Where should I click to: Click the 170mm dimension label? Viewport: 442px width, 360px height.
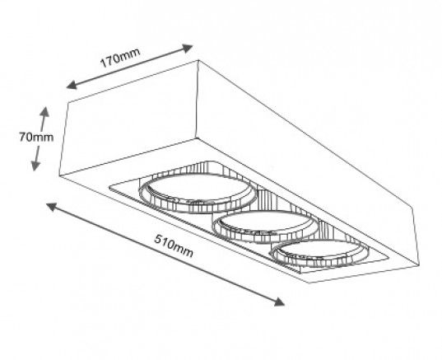pyautogui.click(x=120, y=58)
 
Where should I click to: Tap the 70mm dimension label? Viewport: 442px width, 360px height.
pyautogui.click(x=36, y=138)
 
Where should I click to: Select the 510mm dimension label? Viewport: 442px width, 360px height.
pyautogui.click(x=174, y=244)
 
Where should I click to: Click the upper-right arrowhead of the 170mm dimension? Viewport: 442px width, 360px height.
pyautogui.click(x=188, y=48)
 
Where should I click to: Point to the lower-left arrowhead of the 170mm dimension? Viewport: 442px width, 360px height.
pyautogui.click(x=72, y=84)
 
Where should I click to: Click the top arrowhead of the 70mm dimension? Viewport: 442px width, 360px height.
pyautogui.click(x=44, y=111)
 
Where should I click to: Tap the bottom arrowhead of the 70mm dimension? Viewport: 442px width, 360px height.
pyautogui.click(x=35, y=166)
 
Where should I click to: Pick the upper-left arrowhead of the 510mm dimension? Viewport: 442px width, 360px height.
pyautogui.click(x=51, y=207)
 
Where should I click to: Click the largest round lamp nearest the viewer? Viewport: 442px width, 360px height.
pyautogui.click(x=198, y=194)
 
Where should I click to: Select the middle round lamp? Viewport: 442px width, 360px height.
pyautogui.click(x=266, y=227)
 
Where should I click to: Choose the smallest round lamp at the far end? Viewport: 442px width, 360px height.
pyautogui.click(x=320, y=254)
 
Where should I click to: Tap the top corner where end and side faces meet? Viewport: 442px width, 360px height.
pyautogui.click(x=198, y=60)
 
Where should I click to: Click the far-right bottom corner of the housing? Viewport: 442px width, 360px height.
pyautogui.click(x=419, y=265)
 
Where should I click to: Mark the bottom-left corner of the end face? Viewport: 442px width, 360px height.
pyautogui.click(x=59, y=175)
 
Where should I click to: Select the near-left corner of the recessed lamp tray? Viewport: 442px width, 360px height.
pyautogui.click(x=109, y=186)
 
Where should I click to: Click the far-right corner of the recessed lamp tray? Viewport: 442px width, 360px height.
pyautogui.click(x=390, y=257)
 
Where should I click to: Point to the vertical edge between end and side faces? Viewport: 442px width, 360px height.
pyautogui.click(x=198, y=100)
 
